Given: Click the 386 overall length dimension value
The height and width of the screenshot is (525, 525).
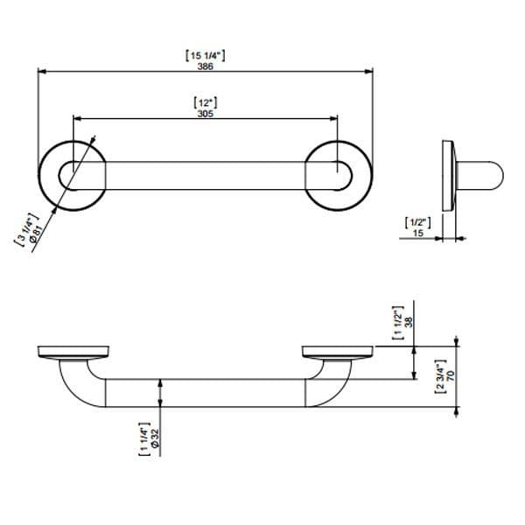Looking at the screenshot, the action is pos(206,66).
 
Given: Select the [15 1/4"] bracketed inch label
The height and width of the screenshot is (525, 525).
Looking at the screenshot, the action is pos(206,56).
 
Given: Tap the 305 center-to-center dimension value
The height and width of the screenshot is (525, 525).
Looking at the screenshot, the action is pos(206,114).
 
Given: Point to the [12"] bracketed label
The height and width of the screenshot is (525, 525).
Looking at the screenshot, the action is pos(206,102).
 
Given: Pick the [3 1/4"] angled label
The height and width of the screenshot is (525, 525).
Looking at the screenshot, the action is pos(26,229).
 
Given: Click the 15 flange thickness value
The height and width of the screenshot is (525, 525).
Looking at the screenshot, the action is pos(418,233).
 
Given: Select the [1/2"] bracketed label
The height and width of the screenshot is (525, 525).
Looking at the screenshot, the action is pos(418,222).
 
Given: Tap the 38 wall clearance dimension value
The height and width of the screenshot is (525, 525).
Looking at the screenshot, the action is pos(409,322).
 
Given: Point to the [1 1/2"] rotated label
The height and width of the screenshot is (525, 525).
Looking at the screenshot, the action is pos(398,323).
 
